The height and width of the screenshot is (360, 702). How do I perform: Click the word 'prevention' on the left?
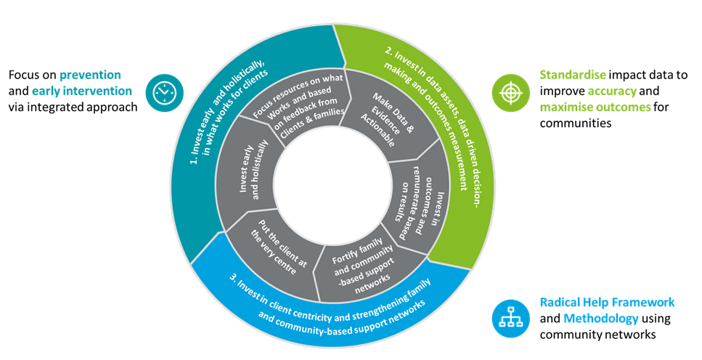[91, 75]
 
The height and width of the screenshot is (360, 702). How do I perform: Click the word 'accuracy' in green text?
[613, 91]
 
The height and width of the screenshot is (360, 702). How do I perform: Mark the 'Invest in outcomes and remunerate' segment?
[420, 196]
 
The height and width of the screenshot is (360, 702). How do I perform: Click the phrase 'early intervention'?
[82, 91]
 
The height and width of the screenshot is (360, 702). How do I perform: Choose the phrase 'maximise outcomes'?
[595, 107]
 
